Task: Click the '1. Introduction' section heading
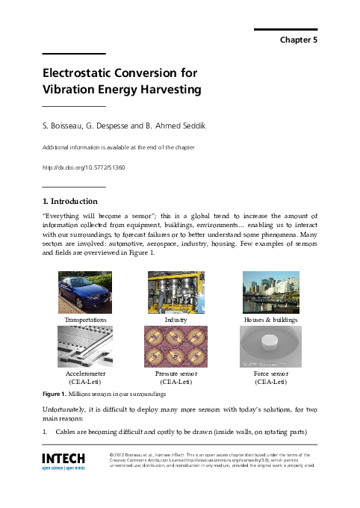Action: click(x=69, y=201)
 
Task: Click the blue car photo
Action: click(x=86, y=292)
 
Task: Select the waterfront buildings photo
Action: click(x=270, y=292)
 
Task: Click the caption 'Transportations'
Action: click(x=86, y=319)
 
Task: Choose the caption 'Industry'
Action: click(x=176, y=319)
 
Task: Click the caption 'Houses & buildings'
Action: click(x=270, y=319)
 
